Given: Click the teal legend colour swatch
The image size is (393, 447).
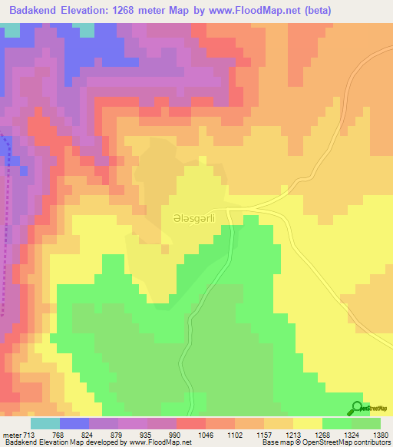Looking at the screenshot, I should pos(45,423).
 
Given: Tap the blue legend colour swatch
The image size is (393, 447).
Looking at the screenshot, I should pos(74,423).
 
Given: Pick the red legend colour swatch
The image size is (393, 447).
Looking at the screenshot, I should pos(191,423).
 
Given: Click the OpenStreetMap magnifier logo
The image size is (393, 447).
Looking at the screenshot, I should pos(356,408).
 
